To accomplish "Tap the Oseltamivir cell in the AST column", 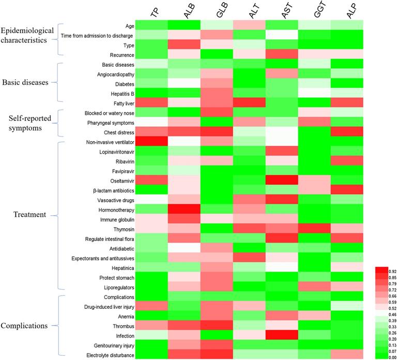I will [x=282, y=181].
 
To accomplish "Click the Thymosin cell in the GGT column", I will [x=313, y=229].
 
